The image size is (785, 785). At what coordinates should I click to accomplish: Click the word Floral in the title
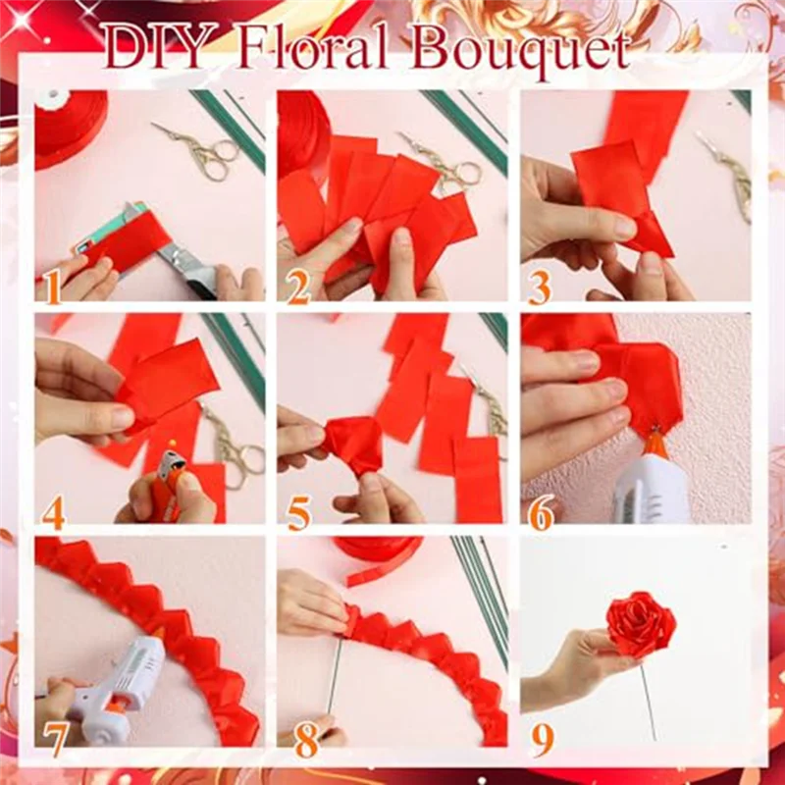click(x=312, y=46)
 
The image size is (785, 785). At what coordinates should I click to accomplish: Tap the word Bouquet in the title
click(x=521, y=49)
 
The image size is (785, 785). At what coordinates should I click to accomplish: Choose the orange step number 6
click(x=542, y=514)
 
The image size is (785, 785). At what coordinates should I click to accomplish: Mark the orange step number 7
click(x=55, y=740)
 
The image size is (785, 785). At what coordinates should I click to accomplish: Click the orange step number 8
click(x=306, y=740)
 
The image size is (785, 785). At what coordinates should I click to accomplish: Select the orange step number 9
click(x=543, y=740)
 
